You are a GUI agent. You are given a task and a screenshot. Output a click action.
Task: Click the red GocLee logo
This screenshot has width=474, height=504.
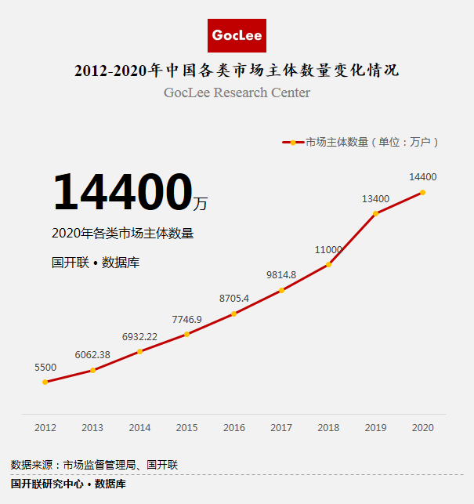237,35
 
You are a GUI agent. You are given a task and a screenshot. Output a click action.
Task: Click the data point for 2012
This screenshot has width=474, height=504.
45,382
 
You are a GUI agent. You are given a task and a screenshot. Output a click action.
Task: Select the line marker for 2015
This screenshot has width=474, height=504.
186,334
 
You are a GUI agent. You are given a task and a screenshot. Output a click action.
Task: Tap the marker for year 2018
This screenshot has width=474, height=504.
328,264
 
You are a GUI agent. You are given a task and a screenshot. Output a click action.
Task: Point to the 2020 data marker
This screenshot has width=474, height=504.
423,192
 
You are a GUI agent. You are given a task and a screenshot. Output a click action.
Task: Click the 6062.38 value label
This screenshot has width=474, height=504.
92,355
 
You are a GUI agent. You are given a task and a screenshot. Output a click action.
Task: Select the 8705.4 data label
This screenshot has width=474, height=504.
234,299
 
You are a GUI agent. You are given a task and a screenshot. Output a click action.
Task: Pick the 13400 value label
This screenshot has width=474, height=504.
375,199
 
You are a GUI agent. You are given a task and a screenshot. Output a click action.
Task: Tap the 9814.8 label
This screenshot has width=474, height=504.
281,275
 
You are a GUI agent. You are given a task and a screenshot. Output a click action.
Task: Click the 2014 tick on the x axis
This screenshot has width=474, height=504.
139,428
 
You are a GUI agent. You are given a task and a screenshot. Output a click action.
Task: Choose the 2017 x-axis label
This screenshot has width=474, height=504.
281,428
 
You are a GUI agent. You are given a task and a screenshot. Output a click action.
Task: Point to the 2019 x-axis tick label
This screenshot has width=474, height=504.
375,428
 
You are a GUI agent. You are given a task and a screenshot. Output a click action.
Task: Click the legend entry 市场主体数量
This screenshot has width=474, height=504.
360,143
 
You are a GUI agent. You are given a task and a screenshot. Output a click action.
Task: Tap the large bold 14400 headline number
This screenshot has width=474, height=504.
122,193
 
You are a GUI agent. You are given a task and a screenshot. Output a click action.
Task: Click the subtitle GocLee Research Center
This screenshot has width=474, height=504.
237,93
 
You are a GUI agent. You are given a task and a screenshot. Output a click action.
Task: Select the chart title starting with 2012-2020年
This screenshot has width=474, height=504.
237,71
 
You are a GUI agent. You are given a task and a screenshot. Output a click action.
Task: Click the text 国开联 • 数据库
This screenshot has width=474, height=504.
96,263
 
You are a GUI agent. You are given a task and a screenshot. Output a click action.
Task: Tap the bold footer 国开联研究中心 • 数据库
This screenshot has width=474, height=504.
68,484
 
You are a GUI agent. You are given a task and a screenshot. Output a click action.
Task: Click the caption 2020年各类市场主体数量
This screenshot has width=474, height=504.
122,233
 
